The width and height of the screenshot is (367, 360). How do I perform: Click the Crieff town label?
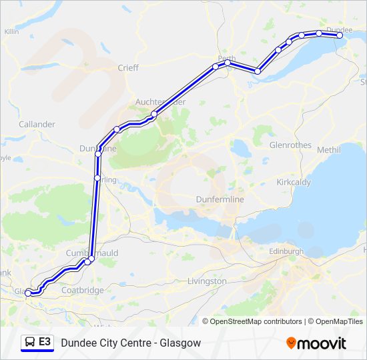pos(128,67)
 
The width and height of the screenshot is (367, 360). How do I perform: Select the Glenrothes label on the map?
pos(290,145)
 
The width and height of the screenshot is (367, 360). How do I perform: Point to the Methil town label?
pos(328,150)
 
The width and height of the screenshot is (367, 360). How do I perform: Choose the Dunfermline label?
pos(220,199)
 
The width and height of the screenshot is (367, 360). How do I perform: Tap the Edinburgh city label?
pos(286,251)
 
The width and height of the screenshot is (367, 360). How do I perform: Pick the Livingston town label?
pos(208,281)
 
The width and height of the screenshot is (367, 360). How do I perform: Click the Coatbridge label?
pos(82,290)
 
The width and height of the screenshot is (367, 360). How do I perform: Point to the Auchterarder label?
pos(160,101)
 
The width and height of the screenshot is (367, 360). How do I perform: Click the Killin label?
pos(11,31)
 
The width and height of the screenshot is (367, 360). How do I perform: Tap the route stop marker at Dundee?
pos(339,35)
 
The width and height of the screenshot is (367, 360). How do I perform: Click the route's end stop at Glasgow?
pos(27,292)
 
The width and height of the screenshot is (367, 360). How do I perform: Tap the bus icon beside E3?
pos(29,343)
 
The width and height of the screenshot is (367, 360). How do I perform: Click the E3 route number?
pos(45,342)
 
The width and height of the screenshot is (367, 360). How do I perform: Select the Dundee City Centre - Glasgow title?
pos(131,343)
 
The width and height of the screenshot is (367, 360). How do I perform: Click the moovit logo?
pos(316,343)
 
